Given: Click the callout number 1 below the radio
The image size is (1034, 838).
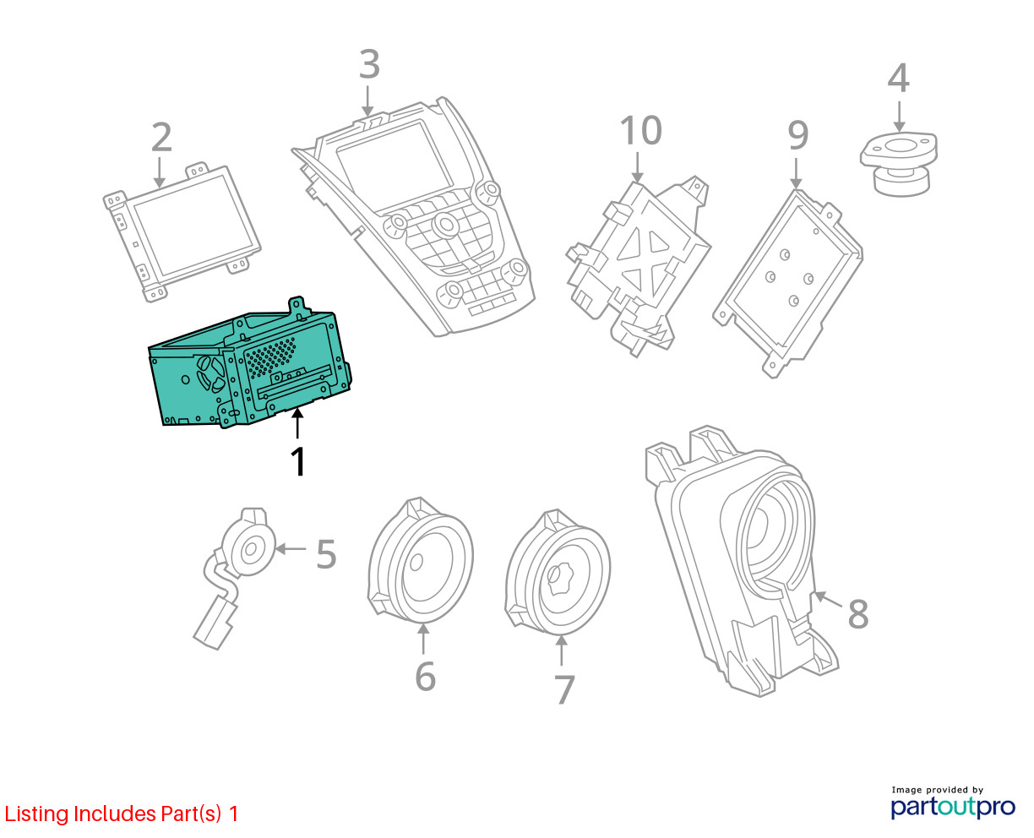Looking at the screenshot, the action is click(298, 461).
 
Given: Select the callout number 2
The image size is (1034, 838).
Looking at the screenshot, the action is click(161, 137).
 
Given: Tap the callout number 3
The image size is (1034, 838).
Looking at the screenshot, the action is click(369, 64).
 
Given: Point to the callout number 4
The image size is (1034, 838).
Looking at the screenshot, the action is click(898, 78).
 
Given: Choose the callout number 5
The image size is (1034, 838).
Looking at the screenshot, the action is click(326, 554).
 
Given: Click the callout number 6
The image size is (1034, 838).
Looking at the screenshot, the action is click(425, 677).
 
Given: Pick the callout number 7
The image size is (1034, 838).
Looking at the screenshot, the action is click(564, 689).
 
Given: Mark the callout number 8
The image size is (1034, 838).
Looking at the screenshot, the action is click(857, 614).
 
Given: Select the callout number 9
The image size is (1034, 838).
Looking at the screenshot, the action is click(798, 134).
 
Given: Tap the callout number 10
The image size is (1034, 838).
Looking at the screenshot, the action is click(641, 130).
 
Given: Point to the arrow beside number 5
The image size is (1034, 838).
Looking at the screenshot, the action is click(291, 549).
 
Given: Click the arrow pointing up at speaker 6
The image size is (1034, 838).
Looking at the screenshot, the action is click(423, 639).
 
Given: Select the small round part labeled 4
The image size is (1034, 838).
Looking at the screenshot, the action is click(899, 164).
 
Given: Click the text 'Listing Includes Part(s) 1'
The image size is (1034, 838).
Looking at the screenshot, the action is click(122, 814).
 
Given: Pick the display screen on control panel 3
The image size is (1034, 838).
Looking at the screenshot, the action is click(395, 164).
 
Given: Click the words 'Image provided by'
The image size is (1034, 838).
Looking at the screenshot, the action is click(938, 790).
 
